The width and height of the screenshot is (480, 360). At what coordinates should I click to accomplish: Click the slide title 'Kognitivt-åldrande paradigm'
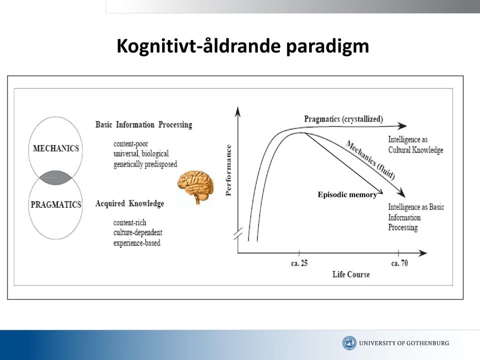pyautogui.click(x=243, y=46)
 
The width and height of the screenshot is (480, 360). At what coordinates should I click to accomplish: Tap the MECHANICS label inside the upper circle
pyautogui.click(x=56, y=148)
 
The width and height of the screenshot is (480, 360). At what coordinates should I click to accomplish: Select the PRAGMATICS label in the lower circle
pyautogui.click(x=56, y=204)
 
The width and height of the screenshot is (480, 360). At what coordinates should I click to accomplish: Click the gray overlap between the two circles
pyautogui.click(x=55, y=178)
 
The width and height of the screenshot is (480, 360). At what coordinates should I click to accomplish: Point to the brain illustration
pyautogui.click(x=195, y=187)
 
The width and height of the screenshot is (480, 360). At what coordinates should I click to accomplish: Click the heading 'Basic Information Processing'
pyautogui.click(x=144, y=124)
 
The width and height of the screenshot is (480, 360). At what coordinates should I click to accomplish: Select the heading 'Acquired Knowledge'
pyautogui.click(x=130, y=203)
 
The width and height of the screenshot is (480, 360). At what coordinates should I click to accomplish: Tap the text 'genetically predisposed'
pyautogui.click(x=145, y=164)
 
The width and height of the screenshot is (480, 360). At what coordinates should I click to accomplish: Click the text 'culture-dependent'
pyautogui.click(x=138, y=232)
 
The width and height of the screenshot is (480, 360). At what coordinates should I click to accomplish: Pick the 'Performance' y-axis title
pyautogui.click(x=228, y=170)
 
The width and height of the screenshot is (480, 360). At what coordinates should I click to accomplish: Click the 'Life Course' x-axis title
pyautogui.click(x=351, y=274)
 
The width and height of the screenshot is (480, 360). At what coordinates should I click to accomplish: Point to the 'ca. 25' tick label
pyautogui.click(x=299, y=263)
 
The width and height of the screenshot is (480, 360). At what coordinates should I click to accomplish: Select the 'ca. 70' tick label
pyautogui.click(x=399, y=263)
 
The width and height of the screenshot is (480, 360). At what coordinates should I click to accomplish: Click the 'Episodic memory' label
pyautogui.click(x=347, y=194)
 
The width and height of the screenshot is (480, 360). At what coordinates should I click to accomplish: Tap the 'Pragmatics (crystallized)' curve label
pyautogui.click(x=343, y=119)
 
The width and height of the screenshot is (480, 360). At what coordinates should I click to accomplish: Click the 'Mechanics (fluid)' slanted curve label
pyautogui.click(x=370, y=159)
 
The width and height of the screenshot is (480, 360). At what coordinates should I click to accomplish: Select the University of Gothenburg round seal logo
pyautogui.click(x=349, y=343)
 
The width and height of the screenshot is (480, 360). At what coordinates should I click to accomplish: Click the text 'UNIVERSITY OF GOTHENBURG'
pyautogui.click(x=404, y=343)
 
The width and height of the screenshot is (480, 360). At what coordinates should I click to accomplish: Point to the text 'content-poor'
pyautogui.click(x=130, y=144)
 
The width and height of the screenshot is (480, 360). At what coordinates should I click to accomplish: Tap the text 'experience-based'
pyautogui.click(x=137, y=243)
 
